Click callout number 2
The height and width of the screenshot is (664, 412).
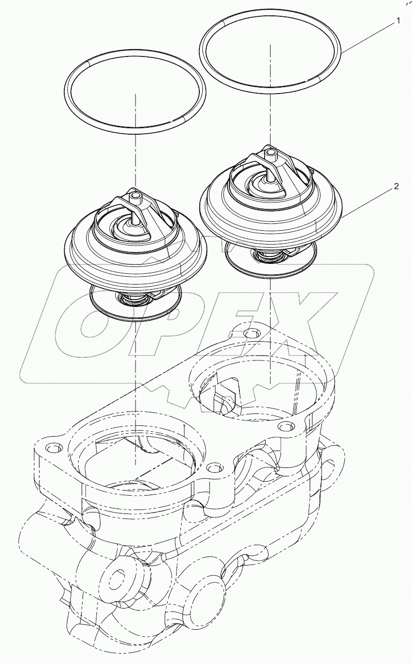(x=397, y=187)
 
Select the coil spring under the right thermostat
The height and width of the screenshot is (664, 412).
(x=270, y=255)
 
